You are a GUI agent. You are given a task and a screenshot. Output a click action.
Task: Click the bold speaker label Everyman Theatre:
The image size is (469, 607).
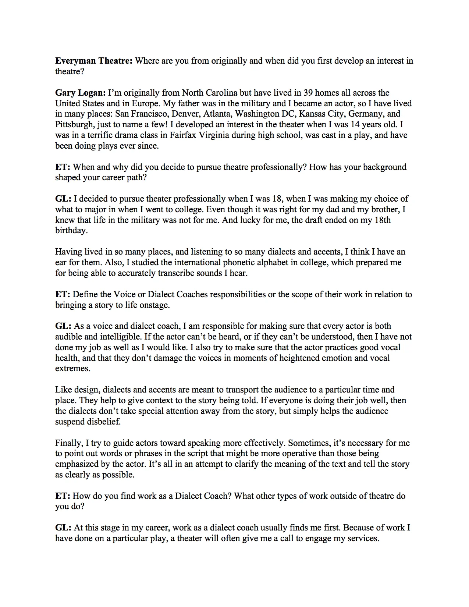tap(93, 61)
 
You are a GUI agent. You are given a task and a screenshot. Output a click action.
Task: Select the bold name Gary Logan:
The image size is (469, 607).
tap(80, 93)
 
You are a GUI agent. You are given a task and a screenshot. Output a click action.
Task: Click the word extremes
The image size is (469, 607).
tap(73, 369)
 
